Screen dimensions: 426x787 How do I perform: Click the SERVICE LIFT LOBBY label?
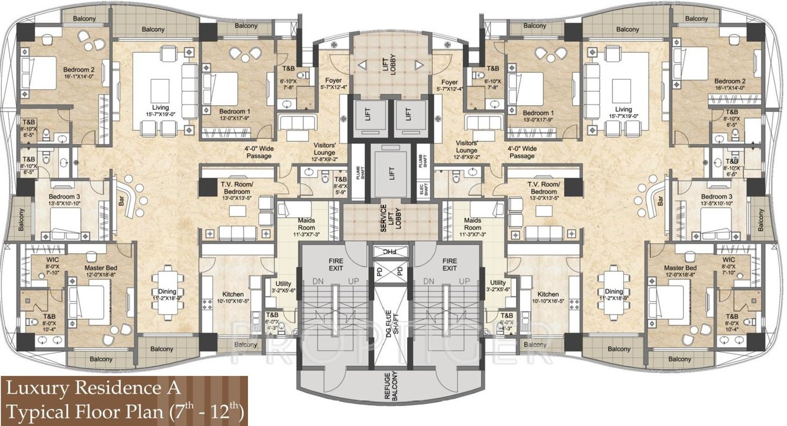[383, 219]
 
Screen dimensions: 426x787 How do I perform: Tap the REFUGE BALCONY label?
[393, 387]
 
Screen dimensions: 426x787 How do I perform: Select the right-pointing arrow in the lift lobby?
[418, 65]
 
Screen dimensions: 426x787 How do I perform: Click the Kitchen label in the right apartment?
[548, 294]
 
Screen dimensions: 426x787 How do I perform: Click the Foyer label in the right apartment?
[449, 82]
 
